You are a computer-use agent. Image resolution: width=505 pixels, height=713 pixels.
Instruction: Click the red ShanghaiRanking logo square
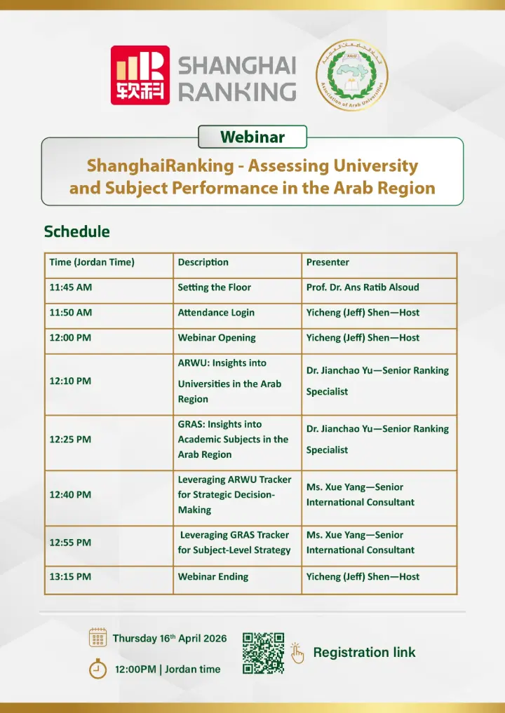pyautogui.click(x=140, y=75)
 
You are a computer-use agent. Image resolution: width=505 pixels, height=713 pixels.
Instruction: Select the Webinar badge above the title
pyautogui.click(x=252, y=137)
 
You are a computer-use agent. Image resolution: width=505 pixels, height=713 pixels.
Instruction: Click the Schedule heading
pyautogui.click(x=77, y=231)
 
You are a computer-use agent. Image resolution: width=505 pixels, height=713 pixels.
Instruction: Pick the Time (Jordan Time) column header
pyautogui.click(x=92, y=262)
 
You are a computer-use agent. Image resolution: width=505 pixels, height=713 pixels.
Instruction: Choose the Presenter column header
pyautogui.click(x=328, y=262)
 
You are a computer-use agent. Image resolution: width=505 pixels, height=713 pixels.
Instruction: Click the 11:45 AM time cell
pyautogui.click(x=71, y=287)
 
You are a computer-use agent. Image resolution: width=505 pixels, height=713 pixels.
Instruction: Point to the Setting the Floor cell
pyautogui.click(x=215, y=287)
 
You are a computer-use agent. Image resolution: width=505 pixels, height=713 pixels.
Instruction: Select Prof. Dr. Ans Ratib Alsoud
pyautogui.click(x=363, y=287)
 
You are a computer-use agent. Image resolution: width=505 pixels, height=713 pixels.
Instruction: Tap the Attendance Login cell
pyautogui.click(x=216, y=313)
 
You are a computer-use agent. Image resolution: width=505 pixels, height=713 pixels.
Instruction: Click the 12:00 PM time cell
pyautogui.click(x=71, y=338)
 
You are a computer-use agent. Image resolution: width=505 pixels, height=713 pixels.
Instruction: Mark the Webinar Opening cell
pyautogui.click(x=217, y=338)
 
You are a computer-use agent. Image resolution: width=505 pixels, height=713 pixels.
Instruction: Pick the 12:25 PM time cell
pyautogui.click(x=70, y=440)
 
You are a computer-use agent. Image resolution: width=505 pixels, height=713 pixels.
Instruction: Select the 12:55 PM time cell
pyautogui.click(x=70, y=543)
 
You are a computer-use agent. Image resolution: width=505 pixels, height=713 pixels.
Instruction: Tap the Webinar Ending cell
pyautogui.click(x=213, y=576)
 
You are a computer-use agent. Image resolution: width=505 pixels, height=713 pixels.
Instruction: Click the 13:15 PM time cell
pyautogui.click(x=70, y=576)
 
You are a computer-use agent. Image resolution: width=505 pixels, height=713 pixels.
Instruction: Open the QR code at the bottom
pyautogui.click(x=263, y=653)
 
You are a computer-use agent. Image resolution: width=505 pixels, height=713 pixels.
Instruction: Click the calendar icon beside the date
pyautogui.click(x=98, y=637)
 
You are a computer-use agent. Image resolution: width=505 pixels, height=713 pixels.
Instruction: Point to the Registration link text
pyautogui.click(x=364, y=653)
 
